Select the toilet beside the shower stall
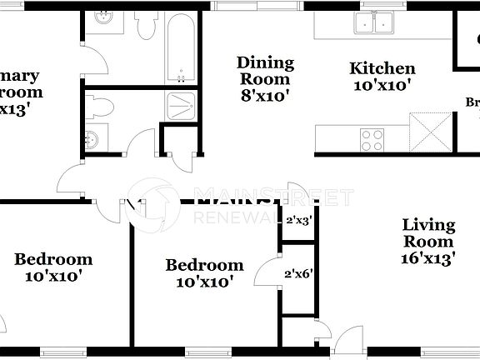click(x=101, y=107)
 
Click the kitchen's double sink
click(x=372, y=23)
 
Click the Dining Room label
click(x=265, y=71)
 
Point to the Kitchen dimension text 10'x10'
click(x=382, y=84)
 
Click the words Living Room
click(x=428, y=232)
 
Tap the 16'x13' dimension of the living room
click(x=428, y=258)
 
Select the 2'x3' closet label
click(x=297, y=222)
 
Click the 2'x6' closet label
click(x=297, y=273)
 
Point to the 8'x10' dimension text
click(x=265, y=95)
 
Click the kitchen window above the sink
click(x=372, y=5)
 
